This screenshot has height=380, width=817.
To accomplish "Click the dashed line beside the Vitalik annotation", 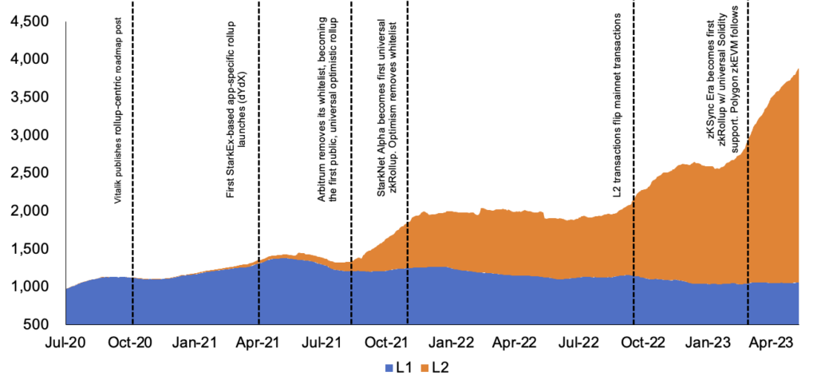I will (132, 239).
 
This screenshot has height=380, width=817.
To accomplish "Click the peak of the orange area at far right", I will (799, 70).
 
